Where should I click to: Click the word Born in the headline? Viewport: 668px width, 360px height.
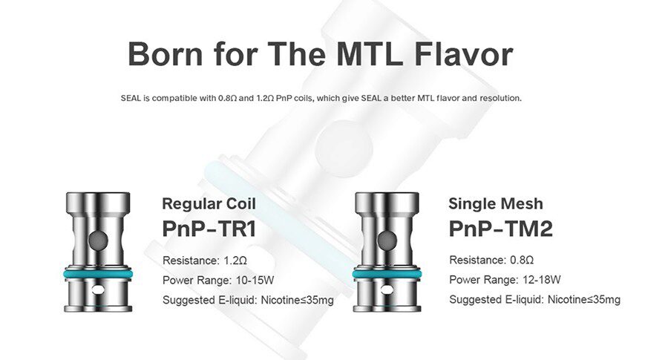(166, 53)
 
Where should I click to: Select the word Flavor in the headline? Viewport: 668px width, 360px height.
(464, 53)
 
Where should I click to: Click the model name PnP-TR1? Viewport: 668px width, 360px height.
(209, 229)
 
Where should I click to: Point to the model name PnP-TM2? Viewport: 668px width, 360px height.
(500, 229)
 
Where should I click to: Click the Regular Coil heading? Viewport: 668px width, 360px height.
(209, 203)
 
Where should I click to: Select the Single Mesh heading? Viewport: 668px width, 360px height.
(496, 203)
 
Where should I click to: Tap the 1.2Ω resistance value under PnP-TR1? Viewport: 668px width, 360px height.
(235, 261)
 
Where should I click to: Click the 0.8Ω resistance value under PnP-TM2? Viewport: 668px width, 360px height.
(522, 260)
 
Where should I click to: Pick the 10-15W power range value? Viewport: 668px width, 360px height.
(255, 281)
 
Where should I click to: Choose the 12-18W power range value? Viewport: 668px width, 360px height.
(542, 280)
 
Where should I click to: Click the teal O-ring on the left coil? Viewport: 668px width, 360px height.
(98, 273)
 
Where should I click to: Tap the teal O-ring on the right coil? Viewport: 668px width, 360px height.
(387, 273)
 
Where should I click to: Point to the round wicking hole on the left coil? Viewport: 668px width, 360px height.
(98, 240)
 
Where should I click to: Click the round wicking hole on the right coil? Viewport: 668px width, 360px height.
(387, 240)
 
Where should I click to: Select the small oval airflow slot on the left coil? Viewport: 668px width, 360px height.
(99, 290)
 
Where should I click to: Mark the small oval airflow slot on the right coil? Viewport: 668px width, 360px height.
(387, 290)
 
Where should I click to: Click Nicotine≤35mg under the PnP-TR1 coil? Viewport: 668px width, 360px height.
(297, 300)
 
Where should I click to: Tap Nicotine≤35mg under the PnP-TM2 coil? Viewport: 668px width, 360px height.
(583, 299)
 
